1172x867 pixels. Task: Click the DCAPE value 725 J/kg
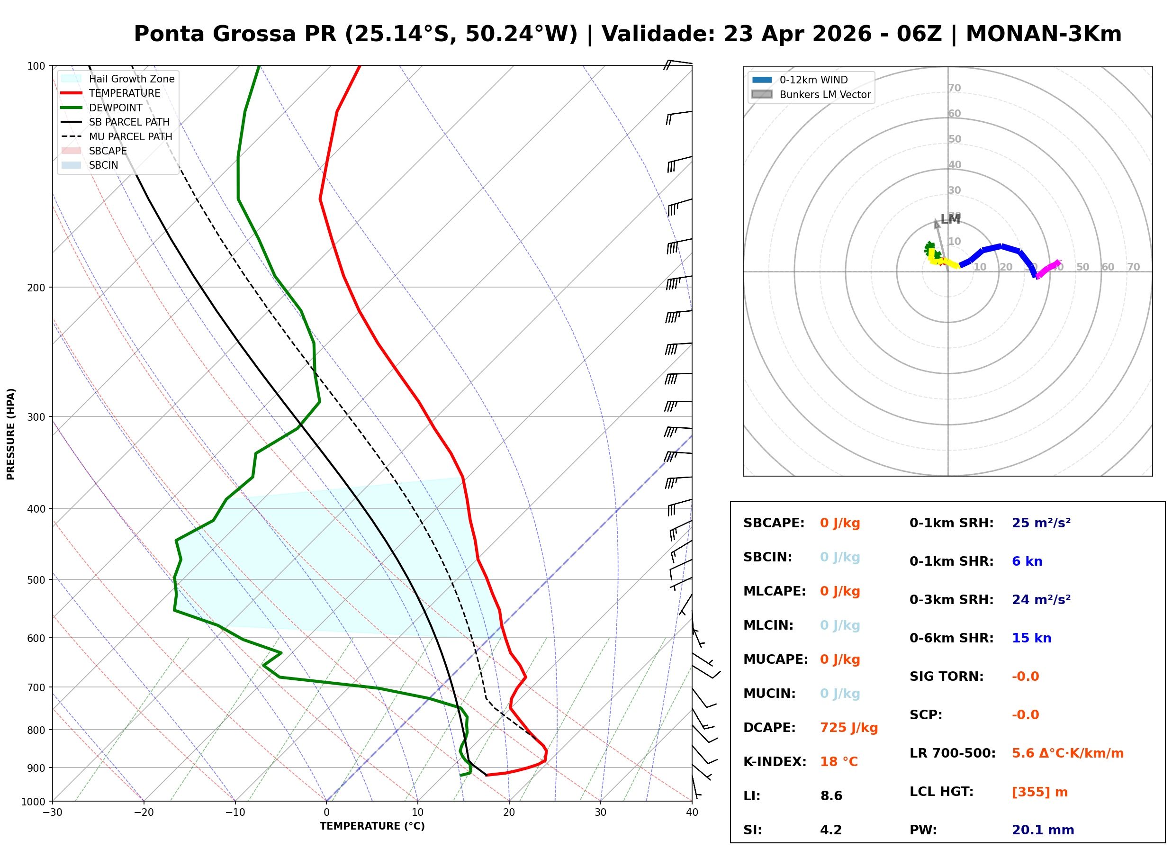pyautogui.click(x=848, y=727)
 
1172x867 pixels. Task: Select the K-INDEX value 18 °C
pyautogui.click(x=838, y=761)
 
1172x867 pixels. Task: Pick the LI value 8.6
pyautogui.click(x=831, y=795)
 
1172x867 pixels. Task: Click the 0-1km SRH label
pyautogui.click(x=951, y=523)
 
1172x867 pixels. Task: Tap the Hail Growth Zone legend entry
pyautogui.click(x=131, y=79)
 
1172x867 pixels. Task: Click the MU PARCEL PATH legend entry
pyautogui.click(x=130, y=136)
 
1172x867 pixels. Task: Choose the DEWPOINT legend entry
pyautogui.click(x=116, y=108)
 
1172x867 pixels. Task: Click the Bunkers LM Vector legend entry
pyautogui.click(x=824, y=94)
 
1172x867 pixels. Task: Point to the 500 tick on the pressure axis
pyautogui.click(x=37, y=579)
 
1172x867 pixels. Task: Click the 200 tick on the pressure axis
pyautogui.click(x=37, y=287)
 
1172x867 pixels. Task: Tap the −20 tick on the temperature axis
pyautogui.click(x=143, y=813)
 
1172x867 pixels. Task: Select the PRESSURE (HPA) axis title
pyautogui.click(x=11, y=433)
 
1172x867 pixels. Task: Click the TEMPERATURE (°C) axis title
pyautogui.click(x=372, y=826)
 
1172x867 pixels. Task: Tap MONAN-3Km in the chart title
pyautogui.click(x=1043, y=34)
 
